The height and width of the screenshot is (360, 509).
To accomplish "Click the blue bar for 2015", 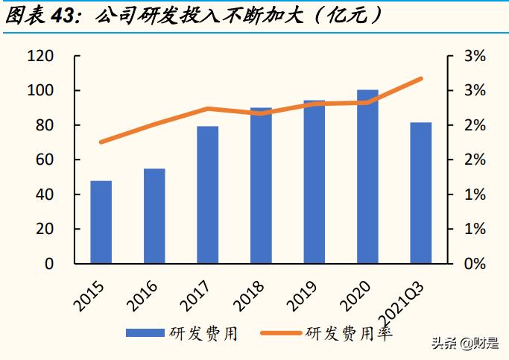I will (x=101, y=222).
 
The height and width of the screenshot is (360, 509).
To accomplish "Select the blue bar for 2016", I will (x=154, y=216).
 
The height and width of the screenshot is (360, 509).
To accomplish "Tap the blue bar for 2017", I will (x=208, y=195).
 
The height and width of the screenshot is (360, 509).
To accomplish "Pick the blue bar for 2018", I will (x=261, y=186).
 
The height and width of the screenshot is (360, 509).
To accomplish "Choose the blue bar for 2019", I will (x=314, y=182).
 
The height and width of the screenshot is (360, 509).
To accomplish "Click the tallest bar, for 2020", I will (x=367, y=177).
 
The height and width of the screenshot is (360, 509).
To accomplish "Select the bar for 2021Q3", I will (x=421, y=193).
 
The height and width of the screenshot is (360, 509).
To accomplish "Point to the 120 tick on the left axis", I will (x=40, y=57).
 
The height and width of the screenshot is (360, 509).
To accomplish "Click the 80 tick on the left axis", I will (x=45, y=125).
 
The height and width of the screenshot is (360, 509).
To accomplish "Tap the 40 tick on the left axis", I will (x=45, y=195).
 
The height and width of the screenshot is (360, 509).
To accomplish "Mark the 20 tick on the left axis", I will (x=45, y=229).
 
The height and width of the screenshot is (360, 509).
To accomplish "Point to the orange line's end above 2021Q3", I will (x=421, y=78).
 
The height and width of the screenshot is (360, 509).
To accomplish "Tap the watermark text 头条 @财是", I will (x=465, y=344).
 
